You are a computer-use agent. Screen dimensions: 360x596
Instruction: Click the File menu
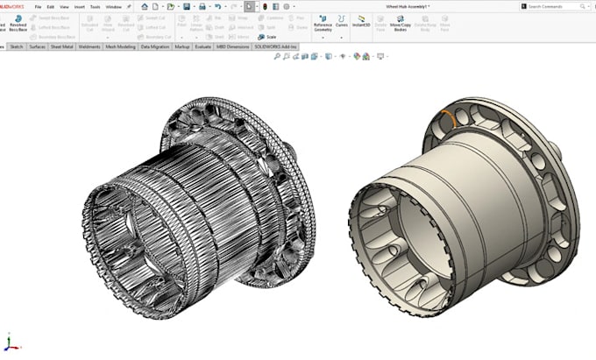38,6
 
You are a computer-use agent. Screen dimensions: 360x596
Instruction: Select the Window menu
113,6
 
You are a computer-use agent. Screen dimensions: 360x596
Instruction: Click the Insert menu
78,6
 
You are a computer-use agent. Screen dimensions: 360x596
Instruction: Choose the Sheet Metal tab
63,46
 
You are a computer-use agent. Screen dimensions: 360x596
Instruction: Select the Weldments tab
89,46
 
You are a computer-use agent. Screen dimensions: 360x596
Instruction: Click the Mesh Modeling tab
120,46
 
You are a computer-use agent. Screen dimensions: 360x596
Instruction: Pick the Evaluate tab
202,46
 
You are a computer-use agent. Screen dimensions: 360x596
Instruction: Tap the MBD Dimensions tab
232,46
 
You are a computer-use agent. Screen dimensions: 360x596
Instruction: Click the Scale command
269,36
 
